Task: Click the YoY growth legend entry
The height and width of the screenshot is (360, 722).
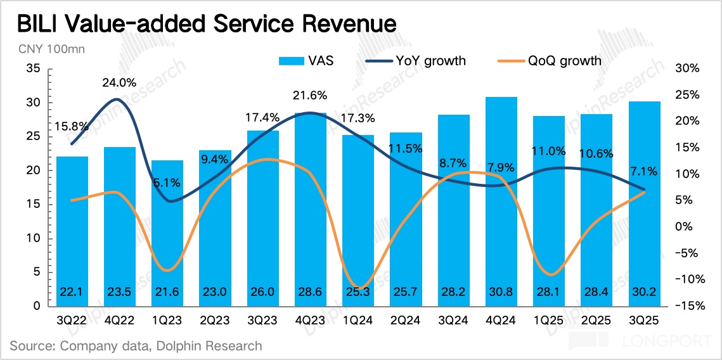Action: click(x=416, y=61)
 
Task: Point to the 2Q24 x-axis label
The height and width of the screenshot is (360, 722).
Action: click(x=406, y=321)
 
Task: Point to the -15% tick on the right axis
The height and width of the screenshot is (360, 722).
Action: click(x=688, y=306)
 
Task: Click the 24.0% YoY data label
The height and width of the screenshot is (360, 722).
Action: click(x=120, y=82)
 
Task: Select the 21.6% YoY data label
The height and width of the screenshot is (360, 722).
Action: click(x=310, y=96)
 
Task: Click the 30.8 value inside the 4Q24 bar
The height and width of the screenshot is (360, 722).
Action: click(x=501, y=292)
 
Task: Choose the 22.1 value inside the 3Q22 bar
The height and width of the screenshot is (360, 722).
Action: click(x=72, y=292)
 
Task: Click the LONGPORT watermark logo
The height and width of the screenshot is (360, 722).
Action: click(x=640, y=341)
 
